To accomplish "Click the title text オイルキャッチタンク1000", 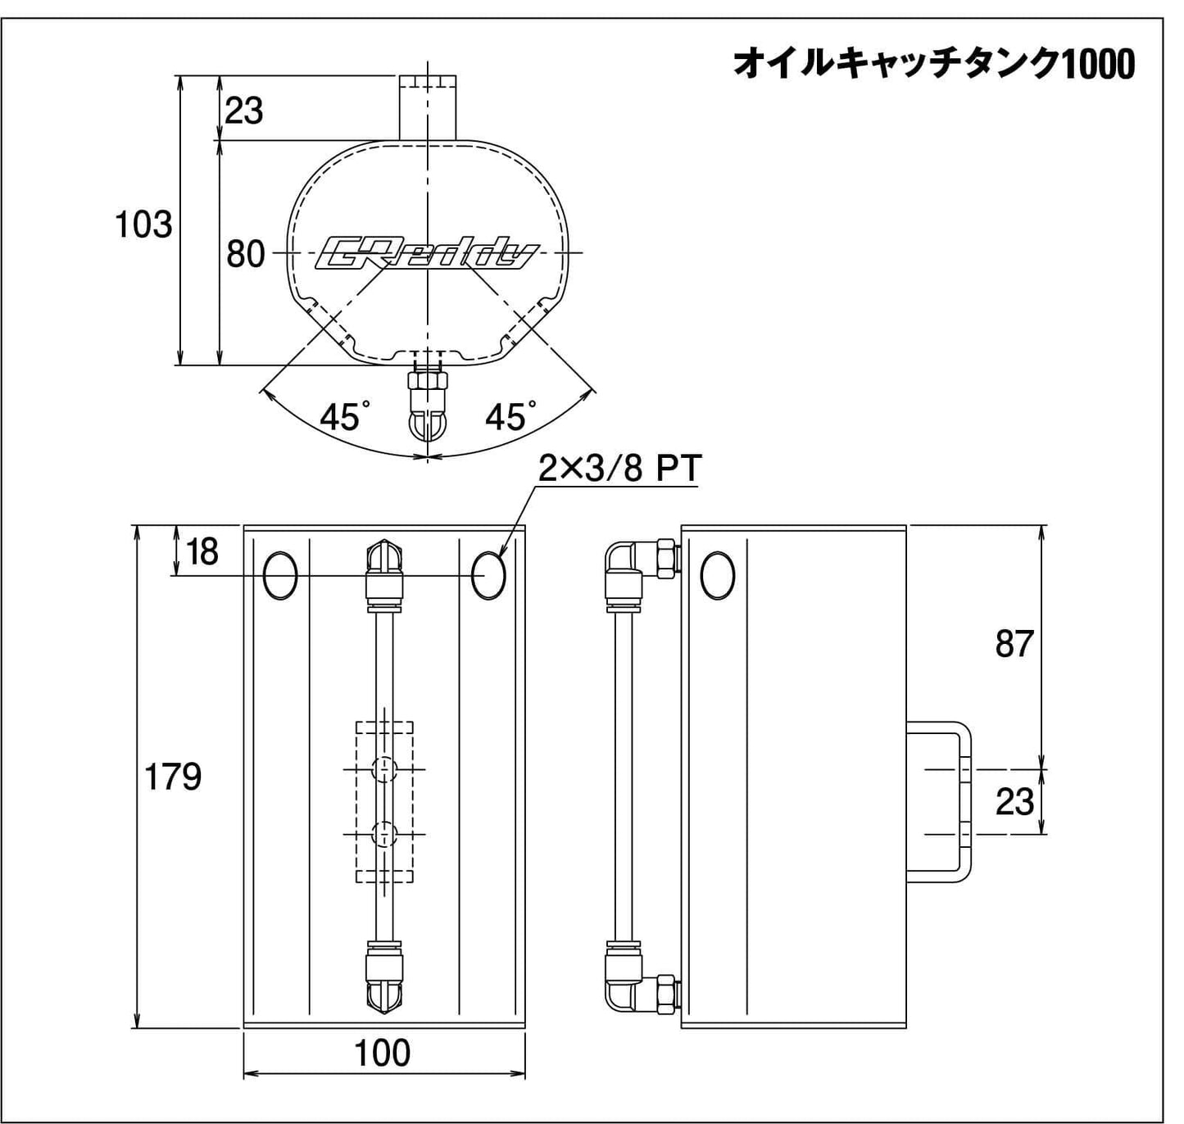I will point(933,64).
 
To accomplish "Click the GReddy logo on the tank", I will point(426,254).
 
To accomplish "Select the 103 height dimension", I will point(143,224).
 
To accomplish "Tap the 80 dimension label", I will point(245,254).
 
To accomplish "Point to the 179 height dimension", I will point(172,776).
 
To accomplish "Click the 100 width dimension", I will point(382,1053).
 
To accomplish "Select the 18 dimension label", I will point(202,552).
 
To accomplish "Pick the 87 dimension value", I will point(1014,644).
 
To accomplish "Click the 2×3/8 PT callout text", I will point(619,469).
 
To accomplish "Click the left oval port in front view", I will point(280,576).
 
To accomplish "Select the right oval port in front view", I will point(489,576).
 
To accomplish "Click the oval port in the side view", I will point(719,576).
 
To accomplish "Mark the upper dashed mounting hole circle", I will point(384,769).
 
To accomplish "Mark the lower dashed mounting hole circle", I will point(384,834).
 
